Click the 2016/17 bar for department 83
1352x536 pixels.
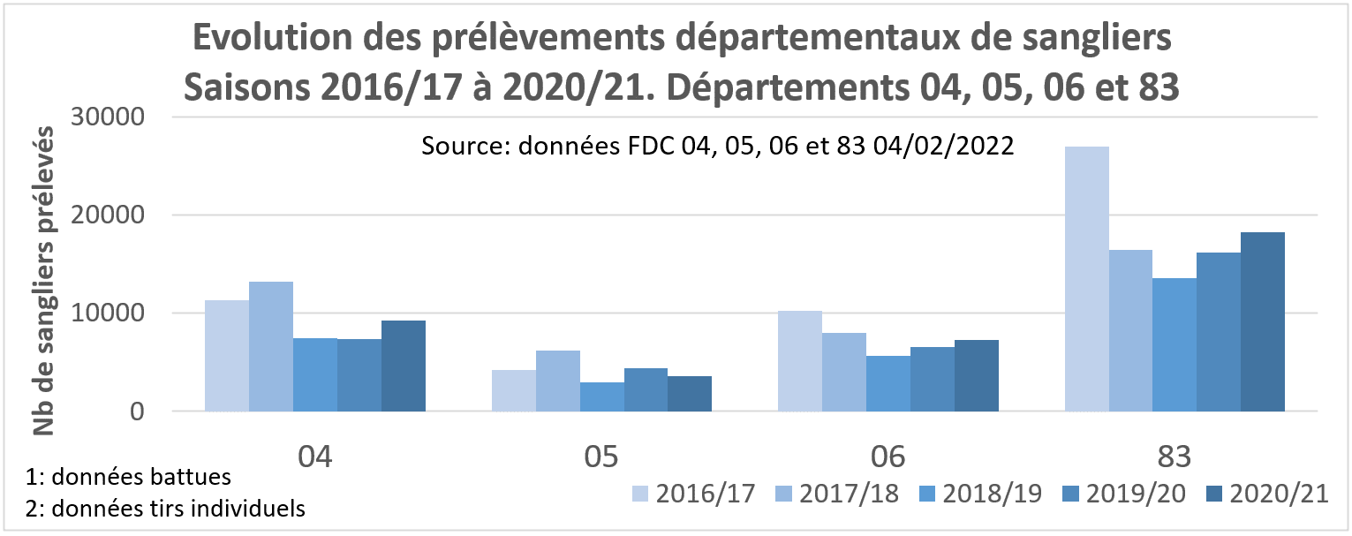tap(1086, 279)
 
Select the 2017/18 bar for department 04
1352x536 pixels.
tap(270, 346)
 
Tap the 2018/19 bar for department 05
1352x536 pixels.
tap(601, 396)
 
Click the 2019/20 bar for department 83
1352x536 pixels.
tap(1219, 332)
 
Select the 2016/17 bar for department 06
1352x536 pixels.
tap(799, 361)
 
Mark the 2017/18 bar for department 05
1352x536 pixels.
tap(557, 381)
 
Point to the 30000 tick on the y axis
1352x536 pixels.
tap(118, 117)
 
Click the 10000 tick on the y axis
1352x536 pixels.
tap(118, 313)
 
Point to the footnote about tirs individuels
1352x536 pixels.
tap(167, 509)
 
